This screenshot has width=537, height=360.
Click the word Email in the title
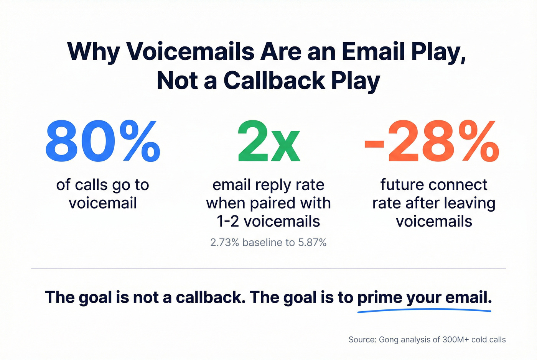374,51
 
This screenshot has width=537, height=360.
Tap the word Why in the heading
93,51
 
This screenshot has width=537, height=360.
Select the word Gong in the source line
388,340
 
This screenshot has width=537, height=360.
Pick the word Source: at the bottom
362,340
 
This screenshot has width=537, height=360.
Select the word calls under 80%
91,185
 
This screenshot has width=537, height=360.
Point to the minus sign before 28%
374,144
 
